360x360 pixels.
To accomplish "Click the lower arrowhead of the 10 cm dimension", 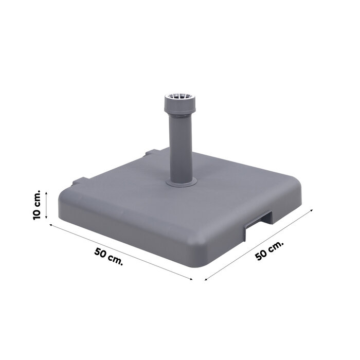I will point(46,219).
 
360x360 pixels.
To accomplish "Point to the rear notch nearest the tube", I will point(152,153).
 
